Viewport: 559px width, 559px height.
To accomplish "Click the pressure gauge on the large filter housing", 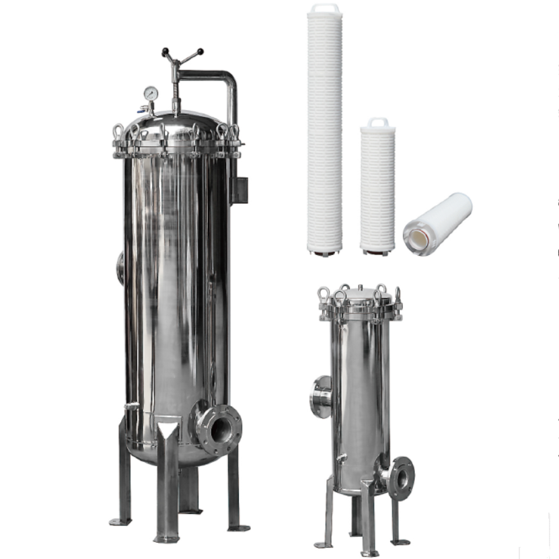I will point(150,94).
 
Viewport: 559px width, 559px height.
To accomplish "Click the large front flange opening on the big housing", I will point(219,426).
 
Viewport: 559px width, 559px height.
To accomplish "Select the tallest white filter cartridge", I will point(325,135).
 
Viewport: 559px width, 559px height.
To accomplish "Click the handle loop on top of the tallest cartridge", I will point(325,9).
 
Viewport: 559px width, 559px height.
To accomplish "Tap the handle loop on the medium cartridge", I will point(377,123).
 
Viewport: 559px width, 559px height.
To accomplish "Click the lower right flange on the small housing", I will point(402,478).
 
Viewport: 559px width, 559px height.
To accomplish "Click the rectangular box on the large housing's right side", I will point(239,190).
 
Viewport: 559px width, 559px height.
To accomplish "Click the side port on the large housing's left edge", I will point(120,268).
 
